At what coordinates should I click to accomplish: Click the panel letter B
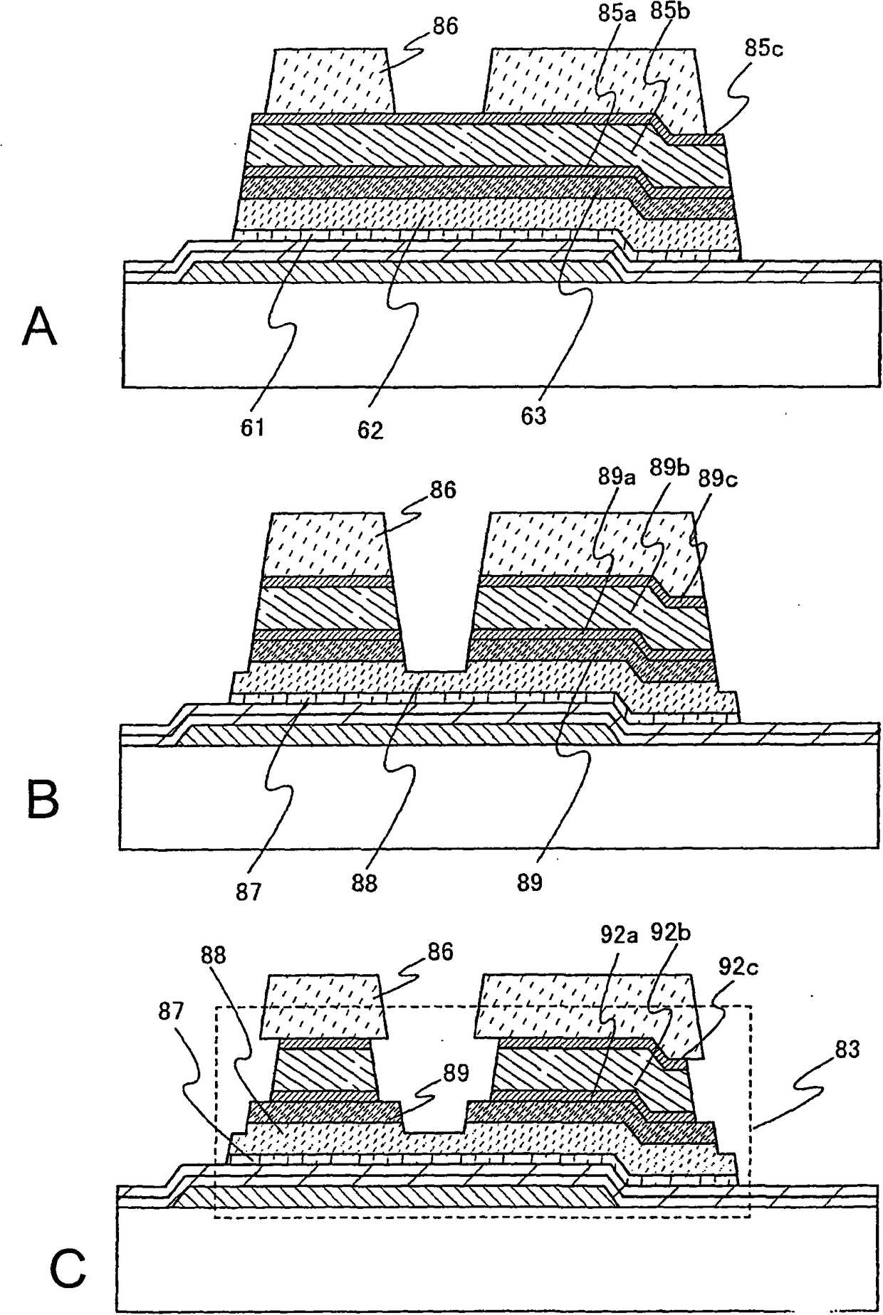[43, 800]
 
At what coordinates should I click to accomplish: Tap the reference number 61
[253, 428]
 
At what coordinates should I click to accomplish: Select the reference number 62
[370, 430]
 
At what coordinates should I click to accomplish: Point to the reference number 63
[533, 416]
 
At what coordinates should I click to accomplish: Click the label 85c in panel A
[764, 49]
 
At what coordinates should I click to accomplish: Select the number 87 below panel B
[249, 892]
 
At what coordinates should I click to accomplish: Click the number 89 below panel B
[528, 882]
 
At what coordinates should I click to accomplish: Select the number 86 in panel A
[444, 27]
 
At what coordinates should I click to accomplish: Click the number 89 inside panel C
[454, 1072]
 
